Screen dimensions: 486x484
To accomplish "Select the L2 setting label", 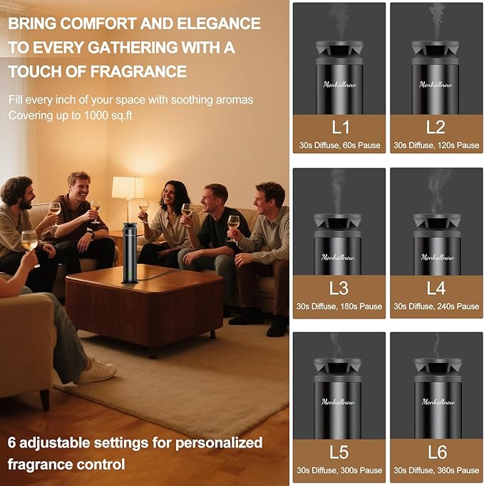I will [436, 128].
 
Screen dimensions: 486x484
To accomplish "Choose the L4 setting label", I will [436, 289].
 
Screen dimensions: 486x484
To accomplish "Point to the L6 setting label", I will [436, 452].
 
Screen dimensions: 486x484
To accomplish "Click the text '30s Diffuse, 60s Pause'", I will [339, 145].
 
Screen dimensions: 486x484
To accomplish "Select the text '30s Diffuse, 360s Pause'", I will [436, 470].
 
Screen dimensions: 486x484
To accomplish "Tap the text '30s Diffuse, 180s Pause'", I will [339, 306].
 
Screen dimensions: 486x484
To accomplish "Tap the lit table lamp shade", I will [128, 188].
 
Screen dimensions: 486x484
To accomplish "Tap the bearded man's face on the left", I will [17, 195].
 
